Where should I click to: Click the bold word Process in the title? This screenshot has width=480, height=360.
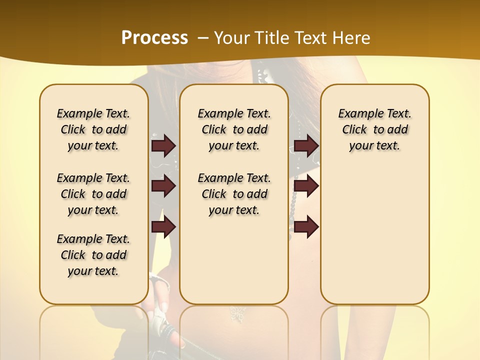click(x=154, y=37)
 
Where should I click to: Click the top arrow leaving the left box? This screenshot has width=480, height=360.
click(x=163, y=146)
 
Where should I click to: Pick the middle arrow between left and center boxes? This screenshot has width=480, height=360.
click(x=163, y=186)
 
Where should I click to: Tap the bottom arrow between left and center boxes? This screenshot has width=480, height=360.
click(x=163, y=226)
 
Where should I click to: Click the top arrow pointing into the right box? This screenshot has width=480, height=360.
click(x=306, y=146)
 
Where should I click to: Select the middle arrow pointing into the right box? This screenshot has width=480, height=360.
click(x=306, y=186)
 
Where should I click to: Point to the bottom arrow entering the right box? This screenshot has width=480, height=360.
click(x=306, y=226)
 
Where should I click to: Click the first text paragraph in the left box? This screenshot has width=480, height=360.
click(x=93, y=129)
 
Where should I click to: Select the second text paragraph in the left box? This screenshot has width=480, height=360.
click(x=93, y=194)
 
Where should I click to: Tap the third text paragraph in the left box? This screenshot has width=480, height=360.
click(x=93, y=255)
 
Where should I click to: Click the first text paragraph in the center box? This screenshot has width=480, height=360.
click(x=234, y=129)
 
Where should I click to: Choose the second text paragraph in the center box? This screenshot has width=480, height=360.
click(x=234, y=194)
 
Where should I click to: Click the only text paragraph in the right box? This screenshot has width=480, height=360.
click(x=374, y=129)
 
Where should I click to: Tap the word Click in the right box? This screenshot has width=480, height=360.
click(x=354, y=130)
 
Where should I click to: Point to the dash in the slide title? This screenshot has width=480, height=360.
click(x=203, y=38)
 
